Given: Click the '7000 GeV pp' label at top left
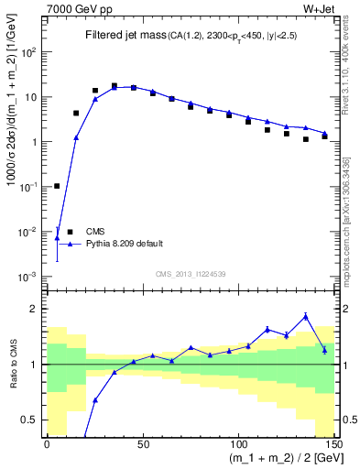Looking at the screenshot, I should coord(74,10).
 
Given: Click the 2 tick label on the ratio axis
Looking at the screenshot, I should coord(35,309).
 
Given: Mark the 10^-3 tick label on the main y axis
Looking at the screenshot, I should coord(29,277).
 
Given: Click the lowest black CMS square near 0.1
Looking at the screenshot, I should coord(57,186).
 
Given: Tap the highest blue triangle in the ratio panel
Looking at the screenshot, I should coord(305,316).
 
